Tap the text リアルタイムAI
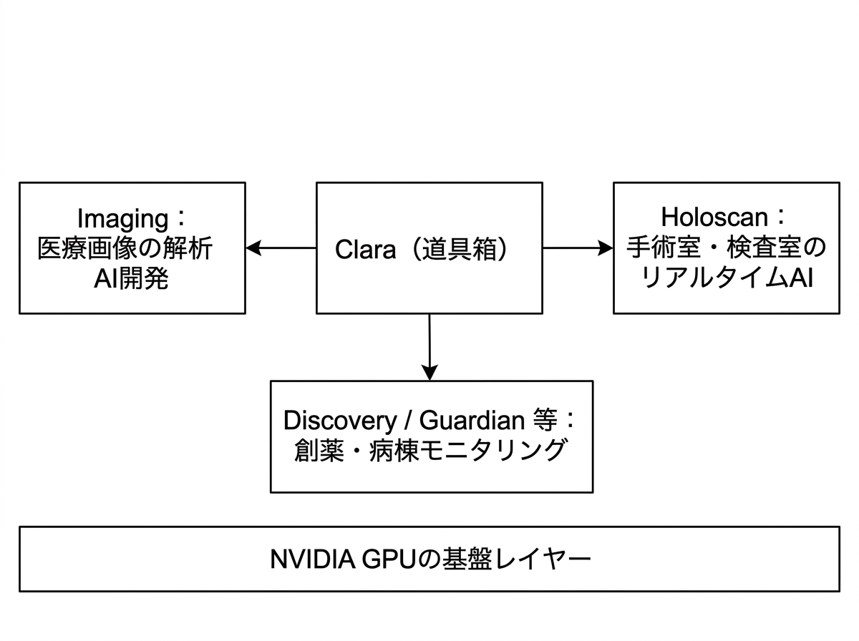[726, 279]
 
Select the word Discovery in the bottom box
[335, 420]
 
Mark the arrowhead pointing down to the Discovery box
[429, 372]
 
